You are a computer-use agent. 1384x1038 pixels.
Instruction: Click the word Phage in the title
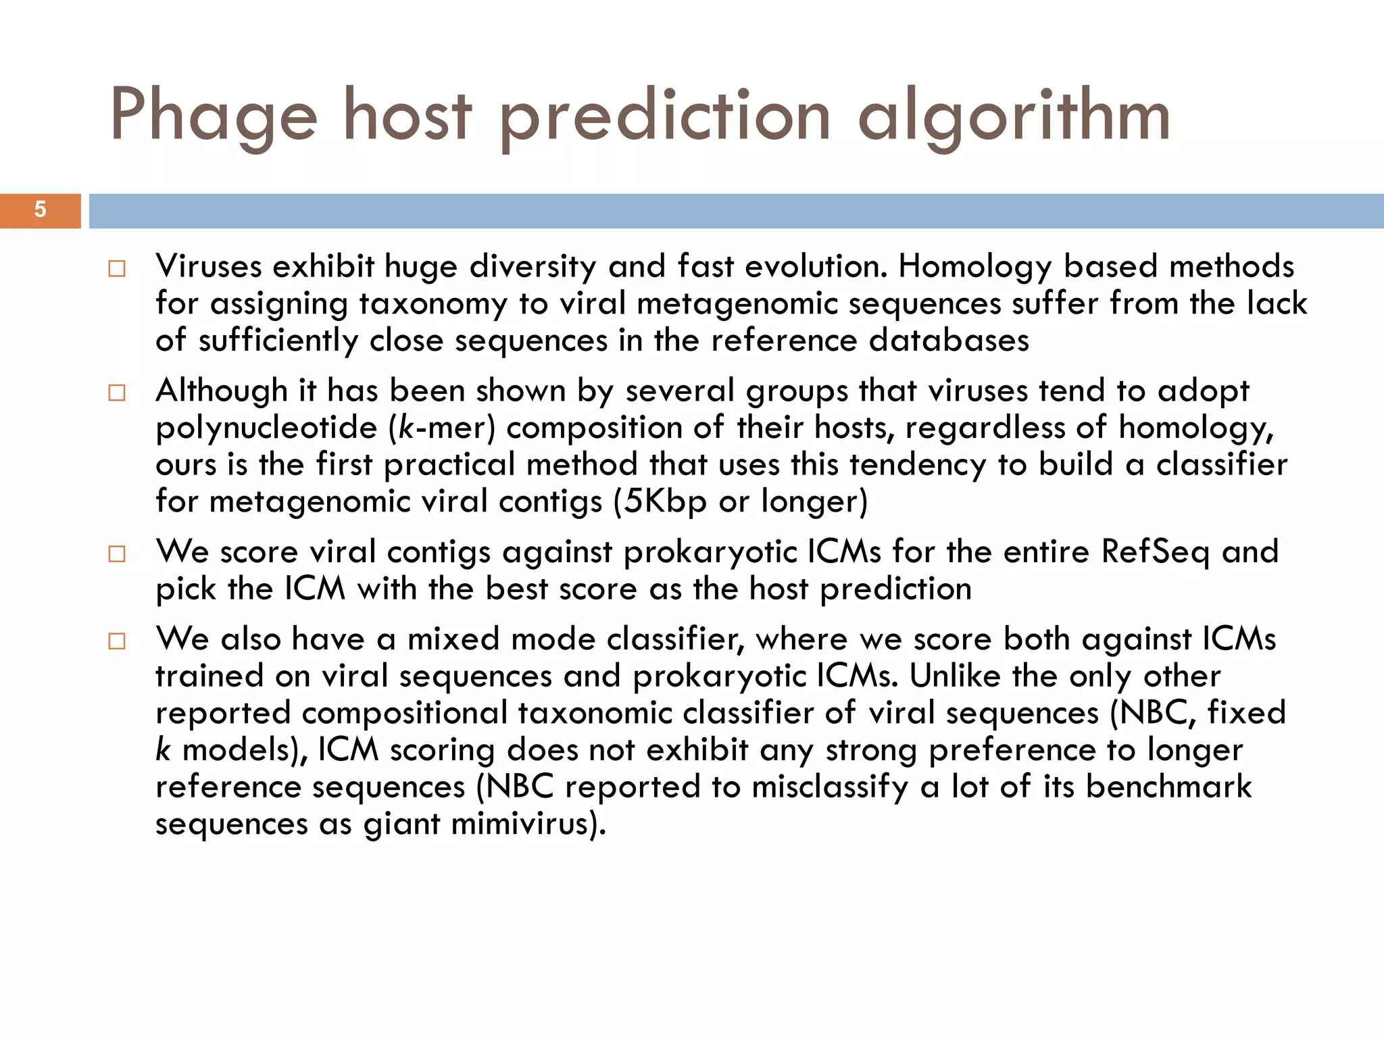click(x=214, y=116)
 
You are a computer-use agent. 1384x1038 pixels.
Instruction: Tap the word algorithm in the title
click(x=1014, y=116)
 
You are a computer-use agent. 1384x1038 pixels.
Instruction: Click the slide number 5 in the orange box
click(x=40, y=210)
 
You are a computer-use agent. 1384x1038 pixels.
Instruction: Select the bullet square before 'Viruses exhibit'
click(x=117, y=269)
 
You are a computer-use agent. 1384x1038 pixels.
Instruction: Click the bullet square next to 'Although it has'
click(x=117, y=393)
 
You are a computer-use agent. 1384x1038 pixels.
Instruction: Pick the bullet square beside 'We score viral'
click(x=117, y=554)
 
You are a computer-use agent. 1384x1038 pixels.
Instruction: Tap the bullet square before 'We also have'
click(x=117, y=641)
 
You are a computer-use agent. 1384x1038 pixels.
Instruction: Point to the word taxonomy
click(x=432, y=304)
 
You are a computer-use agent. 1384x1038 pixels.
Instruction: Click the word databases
click(x=949, y=341)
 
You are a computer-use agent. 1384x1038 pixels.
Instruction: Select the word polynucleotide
click(x=266, y=428)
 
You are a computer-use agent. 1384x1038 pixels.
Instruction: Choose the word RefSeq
click(x=1155, y=552)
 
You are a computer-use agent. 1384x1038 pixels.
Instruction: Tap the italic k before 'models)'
click(x=163, y=749)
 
